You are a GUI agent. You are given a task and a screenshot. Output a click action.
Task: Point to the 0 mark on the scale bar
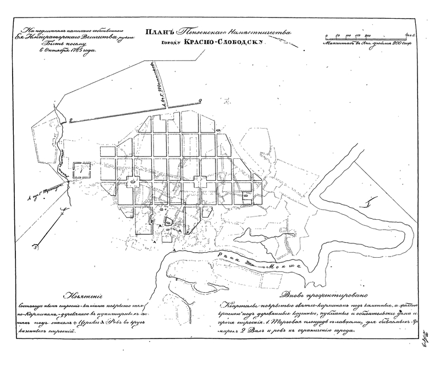(x=327, y=35)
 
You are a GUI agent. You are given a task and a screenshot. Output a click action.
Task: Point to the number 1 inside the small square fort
(x=80, y=171)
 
